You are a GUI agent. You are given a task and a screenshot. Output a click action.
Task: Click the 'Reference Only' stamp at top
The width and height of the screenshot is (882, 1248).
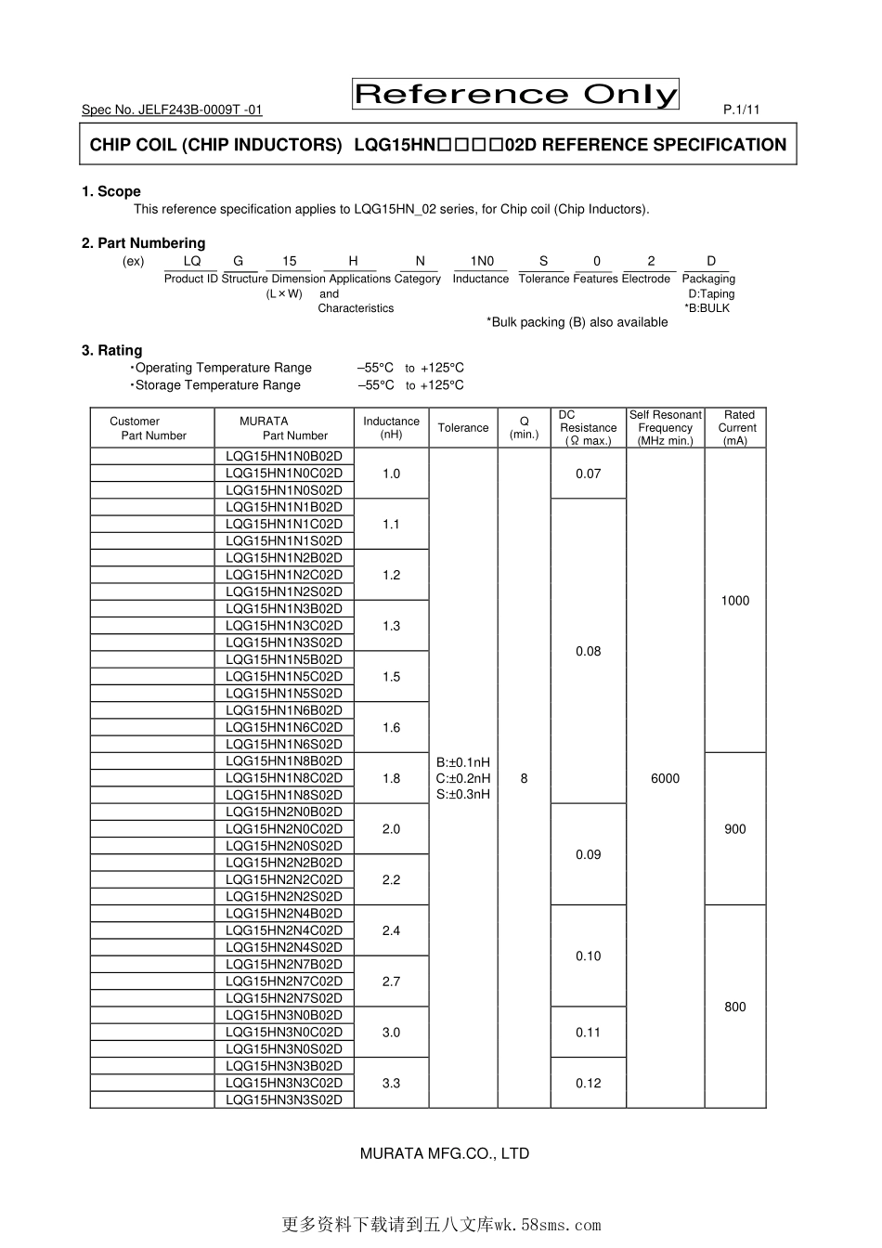(515, 94)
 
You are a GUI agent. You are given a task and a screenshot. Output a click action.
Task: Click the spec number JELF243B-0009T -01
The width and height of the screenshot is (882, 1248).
(172, 110)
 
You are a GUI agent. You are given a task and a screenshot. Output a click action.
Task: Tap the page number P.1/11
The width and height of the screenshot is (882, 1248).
(741, 110)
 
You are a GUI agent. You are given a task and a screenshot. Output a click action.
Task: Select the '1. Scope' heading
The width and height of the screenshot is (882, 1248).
(111, 191)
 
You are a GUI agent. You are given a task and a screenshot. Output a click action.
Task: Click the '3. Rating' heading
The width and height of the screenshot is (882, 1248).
(112, 350)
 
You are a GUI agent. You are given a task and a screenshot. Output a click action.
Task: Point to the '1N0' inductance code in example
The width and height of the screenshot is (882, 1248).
(482, 261)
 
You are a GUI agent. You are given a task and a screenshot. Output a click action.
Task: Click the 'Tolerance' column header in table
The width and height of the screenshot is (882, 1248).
(463, 428)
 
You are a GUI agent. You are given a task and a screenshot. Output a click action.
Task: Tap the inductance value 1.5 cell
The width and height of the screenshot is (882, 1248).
(392, 677)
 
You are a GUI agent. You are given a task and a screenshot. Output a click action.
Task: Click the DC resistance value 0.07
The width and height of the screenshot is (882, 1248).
(589, 474)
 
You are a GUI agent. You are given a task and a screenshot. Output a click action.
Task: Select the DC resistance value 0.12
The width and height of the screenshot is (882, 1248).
(589, 1083)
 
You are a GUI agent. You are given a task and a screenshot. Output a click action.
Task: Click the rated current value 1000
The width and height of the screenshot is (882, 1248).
(735, 601)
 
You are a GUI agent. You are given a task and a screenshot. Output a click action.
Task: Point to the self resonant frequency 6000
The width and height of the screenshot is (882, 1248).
(666, 778)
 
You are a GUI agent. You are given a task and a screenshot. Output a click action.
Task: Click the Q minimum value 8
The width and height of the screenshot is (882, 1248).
(525, 778)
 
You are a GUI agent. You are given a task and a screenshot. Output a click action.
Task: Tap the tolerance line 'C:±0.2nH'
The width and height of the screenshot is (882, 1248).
(463, 778)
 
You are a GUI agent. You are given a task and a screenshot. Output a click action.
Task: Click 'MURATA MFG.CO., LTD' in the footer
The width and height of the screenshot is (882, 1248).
(445, 1153)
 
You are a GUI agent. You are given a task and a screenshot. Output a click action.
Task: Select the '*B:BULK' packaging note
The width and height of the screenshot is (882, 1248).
(707, 308)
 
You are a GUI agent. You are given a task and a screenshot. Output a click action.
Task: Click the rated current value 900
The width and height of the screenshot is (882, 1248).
(735, 829)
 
